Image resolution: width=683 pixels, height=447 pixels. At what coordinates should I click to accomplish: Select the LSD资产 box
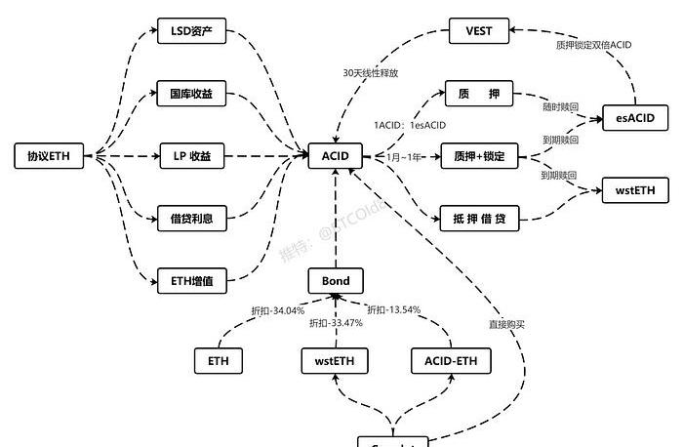[192, 31]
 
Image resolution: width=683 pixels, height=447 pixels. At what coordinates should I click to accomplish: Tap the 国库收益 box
[192, 96]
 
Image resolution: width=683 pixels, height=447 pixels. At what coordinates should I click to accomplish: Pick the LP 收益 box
[192, 155]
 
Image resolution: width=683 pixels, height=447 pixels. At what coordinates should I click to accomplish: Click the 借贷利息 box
[192, 218]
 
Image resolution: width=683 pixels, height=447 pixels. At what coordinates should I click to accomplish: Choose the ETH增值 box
[192, 282]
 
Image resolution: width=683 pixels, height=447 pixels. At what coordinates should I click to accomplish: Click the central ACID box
[335, 155]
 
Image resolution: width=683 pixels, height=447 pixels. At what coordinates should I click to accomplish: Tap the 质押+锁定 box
[479, 155]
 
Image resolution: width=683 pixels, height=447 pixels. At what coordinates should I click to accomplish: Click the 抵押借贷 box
[479, 218]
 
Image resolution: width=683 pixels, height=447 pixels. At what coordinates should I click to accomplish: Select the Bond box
[335, 282]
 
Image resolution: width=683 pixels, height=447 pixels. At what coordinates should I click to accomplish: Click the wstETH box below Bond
[335, 361]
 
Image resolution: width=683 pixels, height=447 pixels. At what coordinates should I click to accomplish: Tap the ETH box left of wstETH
[219, 361]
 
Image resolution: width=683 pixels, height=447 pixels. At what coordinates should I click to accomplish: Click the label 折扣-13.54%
[393, 310]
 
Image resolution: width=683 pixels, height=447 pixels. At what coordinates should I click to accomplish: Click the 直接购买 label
[507, 323]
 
